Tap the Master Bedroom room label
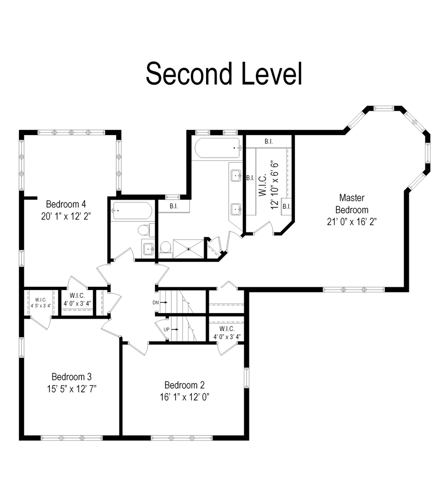coord(351,203)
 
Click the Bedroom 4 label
coord(66,204)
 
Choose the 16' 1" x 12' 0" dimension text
coord(184,396)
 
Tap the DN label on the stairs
coord(156,302)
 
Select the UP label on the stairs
coord(167,329)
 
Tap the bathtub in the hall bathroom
coord(132,211)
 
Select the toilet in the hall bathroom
coord(144,229)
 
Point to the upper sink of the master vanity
coord(236,175)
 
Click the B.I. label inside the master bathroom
coord(174,206)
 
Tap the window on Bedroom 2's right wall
coord(246,377)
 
